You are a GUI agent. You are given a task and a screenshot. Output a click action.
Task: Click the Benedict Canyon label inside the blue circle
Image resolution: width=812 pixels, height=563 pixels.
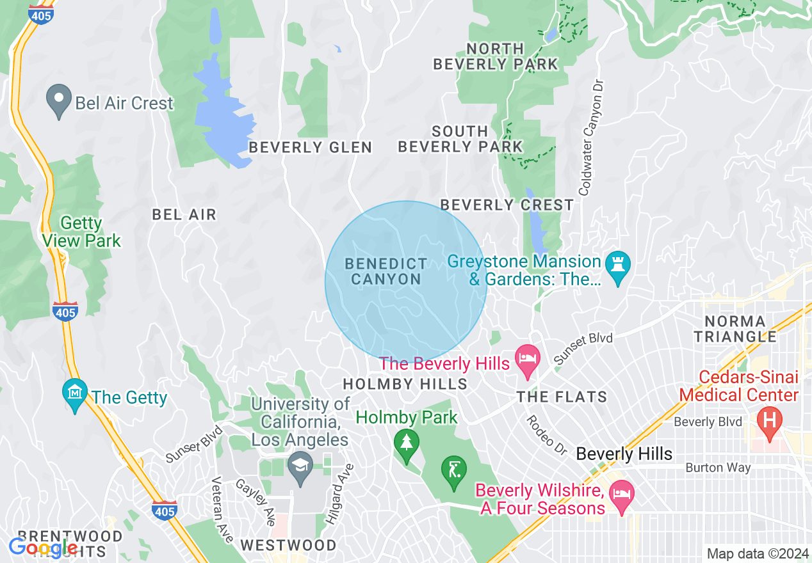(386, 271)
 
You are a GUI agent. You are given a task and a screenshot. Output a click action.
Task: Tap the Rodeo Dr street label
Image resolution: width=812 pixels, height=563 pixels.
(546, 435)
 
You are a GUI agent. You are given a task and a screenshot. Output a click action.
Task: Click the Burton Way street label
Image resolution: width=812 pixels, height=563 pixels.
(718, 468)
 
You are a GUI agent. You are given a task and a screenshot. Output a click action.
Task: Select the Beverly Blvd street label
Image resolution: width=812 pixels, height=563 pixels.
(708, 422)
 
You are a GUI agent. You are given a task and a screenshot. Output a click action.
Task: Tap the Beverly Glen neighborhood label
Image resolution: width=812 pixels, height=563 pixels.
(310, 148)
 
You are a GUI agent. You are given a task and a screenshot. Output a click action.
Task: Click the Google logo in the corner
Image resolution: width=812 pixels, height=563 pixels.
(42, 548)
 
